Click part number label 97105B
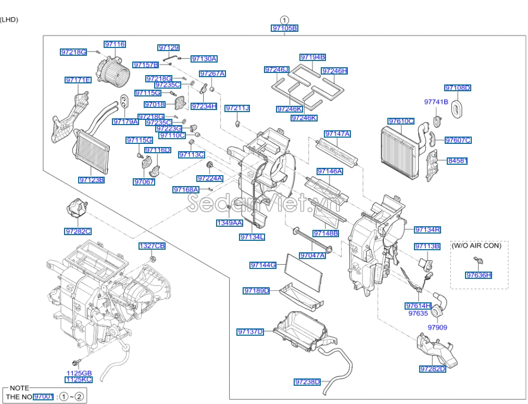(285, 28)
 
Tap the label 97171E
(78, 80)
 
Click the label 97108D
(457, 88)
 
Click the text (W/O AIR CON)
(476, 245)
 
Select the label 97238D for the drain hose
(307, 382)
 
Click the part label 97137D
(250, 332)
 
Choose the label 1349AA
(229, 223)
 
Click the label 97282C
(78, 231)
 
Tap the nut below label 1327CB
(152, 259)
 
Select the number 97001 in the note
(43, 397)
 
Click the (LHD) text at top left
(9, 20)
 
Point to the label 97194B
(312, 57)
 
